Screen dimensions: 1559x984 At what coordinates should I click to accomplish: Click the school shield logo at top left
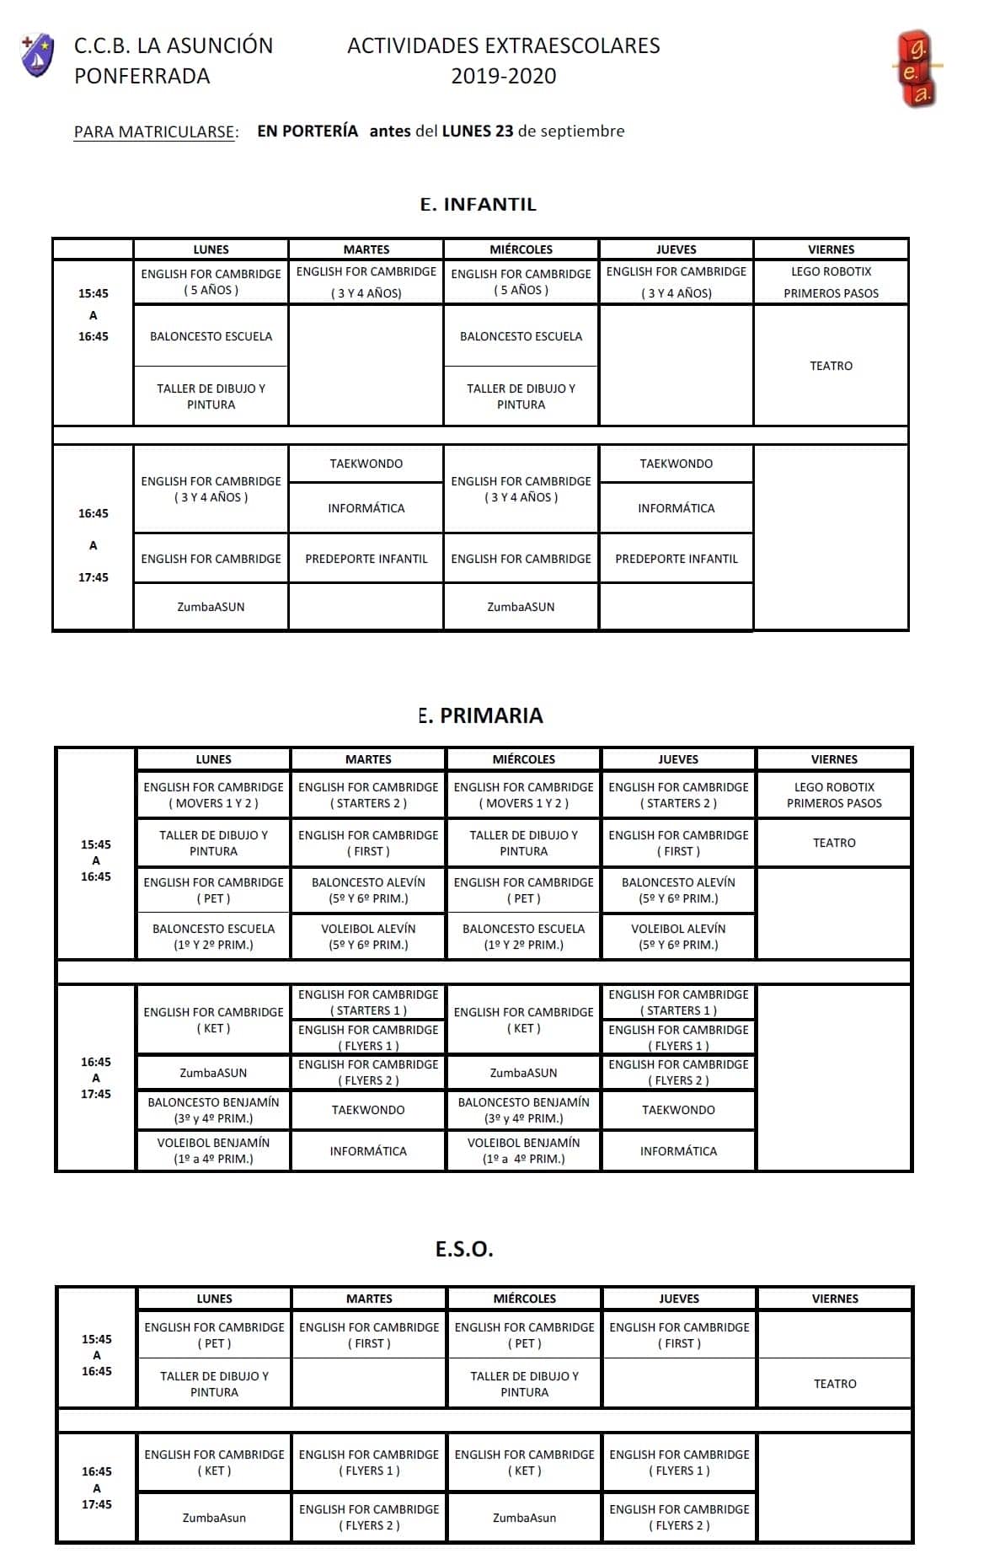tap(37, 56)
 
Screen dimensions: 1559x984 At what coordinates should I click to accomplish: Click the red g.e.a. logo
tap(917, 69)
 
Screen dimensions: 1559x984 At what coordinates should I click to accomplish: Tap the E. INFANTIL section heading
tap(478, 204)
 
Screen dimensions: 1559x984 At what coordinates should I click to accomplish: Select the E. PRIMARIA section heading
tap(480, 715)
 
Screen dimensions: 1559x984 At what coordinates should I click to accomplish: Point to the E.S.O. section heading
tap(464, 1248)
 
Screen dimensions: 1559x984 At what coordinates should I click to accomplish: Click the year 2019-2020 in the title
tap(503, 76)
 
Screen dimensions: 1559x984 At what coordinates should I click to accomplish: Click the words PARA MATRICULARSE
tap(156, 131)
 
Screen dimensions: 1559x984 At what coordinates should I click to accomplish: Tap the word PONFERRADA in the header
tap(142, 76)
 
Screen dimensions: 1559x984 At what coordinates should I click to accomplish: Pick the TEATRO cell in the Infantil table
tap(831, 366)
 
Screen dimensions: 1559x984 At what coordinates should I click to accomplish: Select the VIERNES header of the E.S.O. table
tap(835, 1299)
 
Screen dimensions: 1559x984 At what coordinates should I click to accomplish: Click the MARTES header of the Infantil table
tap(366, 249)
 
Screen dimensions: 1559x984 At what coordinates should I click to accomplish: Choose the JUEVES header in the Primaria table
tap(678, 759)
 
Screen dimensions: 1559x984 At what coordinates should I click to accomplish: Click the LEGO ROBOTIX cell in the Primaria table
tap(834, 795)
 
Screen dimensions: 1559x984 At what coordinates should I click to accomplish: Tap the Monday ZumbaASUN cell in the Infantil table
tap(211, 607)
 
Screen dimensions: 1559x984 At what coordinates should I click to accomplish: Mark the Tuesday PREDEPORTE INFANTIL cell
tap(366, 559)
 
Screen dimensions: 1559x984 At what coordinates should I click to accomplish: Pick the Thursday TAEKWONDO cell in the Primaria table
tap(678, 1110)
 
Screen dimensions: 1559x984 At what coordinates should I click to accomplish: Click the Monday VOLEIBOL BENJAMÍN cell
tap(213, 1150)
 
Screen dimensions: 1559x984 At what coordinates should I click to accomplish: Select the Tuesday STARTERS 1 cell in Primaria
tap(368, 1002)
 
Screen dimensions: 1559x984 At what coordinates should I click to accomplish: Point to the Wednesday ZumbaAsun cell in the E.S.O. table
tap(524, 1518)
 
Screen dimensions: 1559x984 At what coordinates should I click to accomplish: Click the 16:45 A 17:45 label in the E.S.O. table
tap(96, 1487)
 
